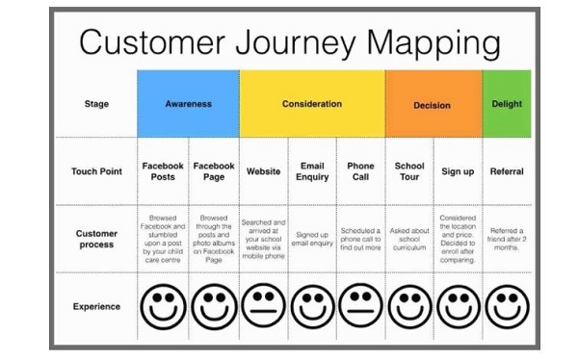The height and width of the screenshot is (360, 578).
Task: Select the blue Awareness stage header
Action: click(188, 103)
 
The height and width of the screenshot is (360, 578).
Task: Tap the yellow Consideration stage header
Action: click(311, 103)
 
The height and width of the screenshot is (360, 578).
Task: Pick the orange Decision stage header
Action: click(433, 104)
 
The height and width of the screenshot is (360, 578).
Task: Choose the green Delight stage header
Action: click(506, 103)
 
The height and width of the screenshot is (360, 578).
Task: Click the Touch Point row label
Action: click(96, 171)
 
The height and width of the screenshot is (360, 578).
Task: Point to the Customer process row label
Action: click(96, 239)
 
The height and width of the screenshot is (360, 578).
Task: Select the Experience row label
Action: click(96, 307)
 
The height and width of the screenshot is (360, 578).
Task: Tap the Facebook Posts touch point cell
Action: click(163, 171)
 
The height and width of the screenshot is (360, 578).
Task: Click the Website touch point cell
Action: click(263, 171)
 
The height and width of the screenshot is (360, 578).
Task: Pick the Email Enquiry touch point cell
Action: click(312, 171)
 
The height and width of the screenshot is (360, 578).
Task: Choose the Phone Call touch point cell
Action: click(360, 171)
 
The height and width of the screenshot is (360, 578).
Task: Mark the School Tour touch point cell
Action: click(409, 171)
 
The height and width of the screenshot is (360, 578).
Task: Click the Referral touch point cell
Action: click(507, 171)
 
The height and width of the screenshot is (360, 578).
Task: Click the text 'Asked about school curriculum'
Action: click(409, 238)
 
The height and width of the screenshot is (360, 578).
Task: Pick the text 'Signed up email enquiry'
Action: click(312, 238)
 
